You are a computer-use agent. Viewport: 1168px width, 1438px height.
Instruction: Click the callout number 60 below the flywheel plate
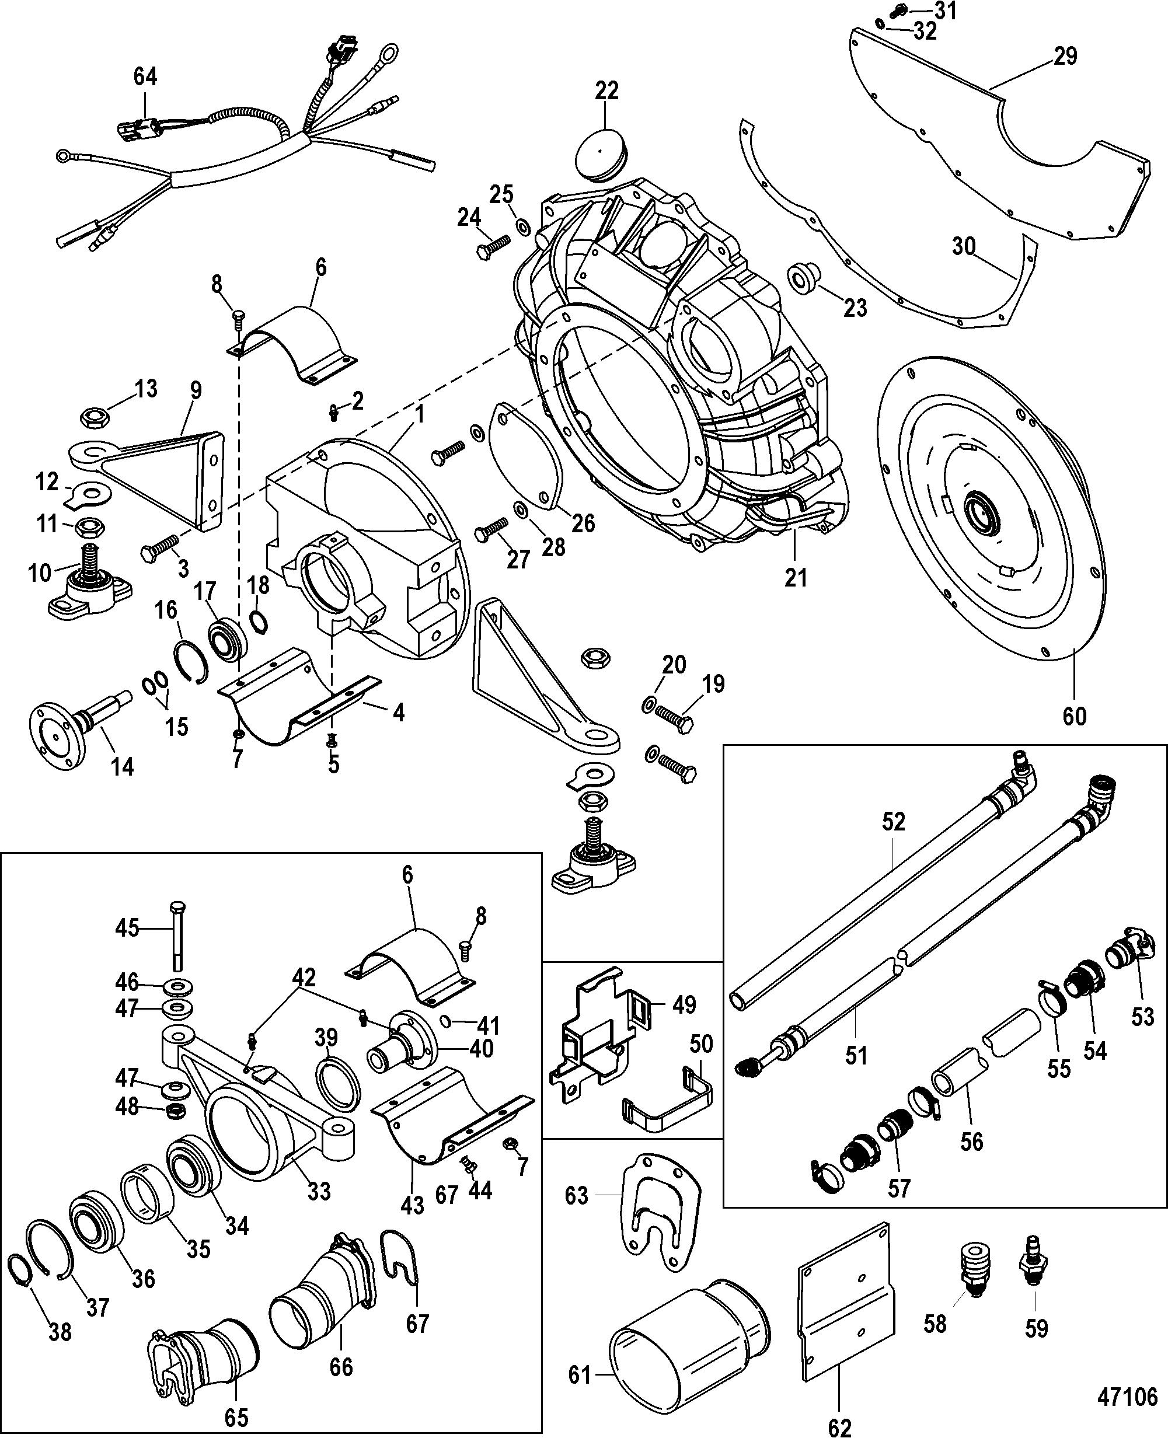(x=1075, y=715)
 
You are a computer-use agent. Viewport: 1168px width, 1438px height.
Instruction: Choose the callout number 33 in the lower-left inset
(x=319, y=1191)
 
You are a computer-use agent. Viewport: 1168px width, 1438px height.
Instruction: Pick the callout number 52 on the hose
(x=894, y=822)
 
